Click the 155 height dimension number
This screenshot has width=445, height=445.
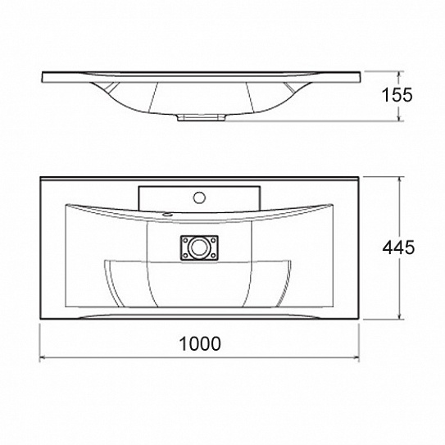tap(397, 95)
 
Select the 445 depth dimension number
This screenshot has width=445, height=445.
tap(398, 247)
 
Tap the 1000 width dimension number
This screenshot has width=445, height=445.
tap(200, 343)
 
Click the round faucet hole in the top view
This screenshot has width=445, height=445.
tap(199, 198)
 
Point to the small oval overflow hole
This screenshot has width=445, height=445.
tap(167, 215)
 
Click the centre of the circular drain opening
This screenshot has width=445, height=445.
tap(199, 247)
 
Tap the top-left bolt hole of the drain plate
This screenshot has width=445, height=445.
tap(185, 240)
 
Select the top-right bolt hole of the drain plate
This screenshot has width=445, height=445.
tap(214, 240)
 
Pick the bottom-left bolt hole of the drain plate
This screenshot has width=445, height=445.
tap(185, 255)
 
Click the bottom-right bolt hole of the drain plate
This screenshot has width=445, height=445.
tap(214, 255)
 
